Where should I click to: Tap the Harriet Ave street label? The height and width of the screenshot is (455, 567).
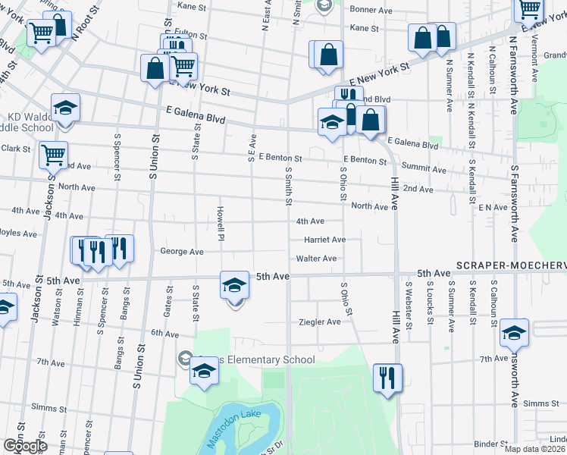point(324,240)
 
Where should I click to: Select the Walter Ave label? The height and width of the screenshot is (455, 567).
point(316,259)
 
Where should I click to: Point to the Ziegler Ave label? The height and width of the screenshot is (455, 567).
point(319,322)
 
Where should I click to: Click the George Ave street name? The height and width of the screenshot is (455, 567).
point(182,251)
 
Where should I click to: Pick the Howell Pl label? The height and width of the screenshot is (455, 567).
point(220,220)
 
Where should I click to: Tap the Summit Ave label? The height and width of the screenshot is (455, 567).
point(424,168)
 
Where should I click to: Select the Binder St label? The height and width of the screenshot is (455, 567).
point(490,444)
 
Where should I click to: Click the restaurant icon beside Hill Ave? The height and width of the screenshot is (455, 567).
point(387,378)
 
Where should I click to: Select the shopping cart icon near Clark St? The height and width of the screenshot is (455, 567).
point(53,155)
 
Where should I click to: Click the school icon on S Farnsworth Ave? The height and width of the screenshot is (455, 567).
point(514,333)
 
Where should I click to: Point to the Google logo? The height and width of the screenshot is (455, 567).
point(25,446)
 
